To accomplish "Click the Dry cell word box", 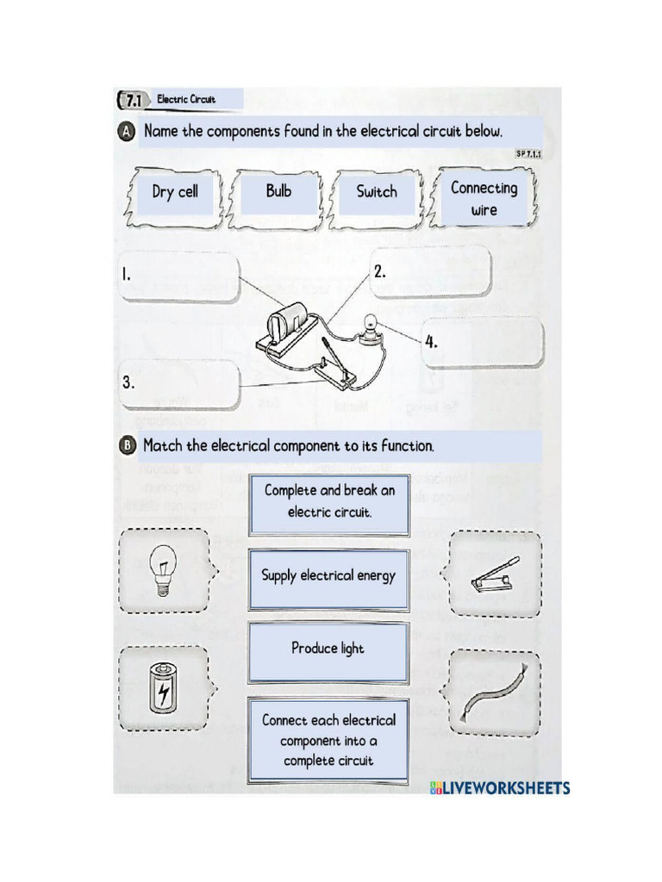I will click(174, 192).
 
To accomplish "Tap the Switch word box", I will click(377, 192).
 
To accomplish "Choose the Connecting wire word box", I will click(484, 198).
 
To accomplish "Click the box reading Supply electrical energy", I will click(328, 575).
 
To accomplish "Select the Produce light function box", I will click(328, 649).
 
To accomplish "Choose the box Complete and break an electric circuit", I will click(328, 501).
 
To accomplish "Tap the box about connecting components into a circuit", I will click(328, 740).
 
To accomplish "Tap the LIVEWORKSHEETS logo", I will click(500, 788).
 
